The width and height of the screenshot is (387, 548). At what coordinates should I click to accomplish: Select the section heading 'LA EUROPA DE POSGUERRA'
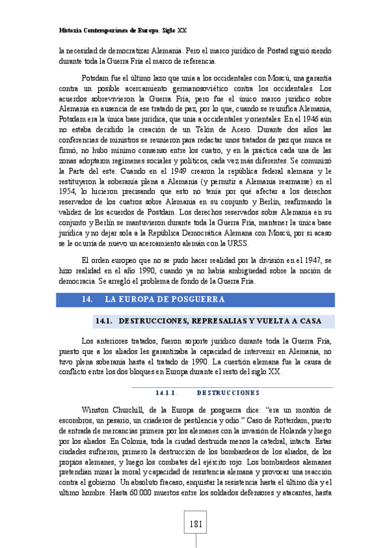pos(164,299)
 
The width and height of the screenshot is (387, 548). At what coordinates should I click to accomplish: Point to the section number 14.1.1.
pos(167,392)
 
